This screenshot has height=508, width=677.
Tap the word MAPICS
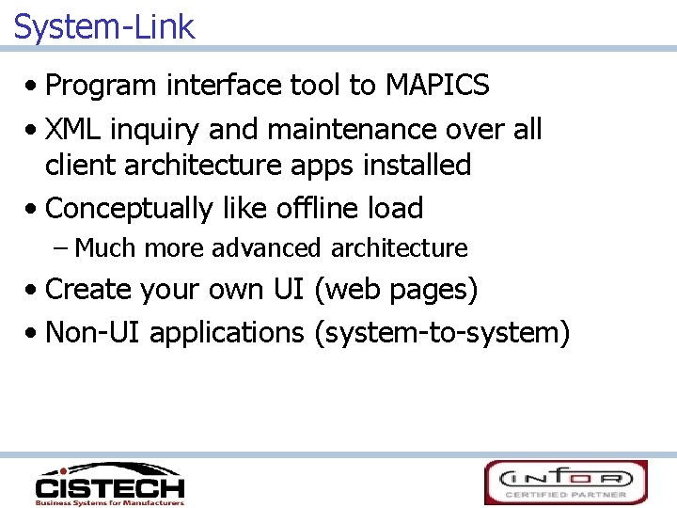[437, 86]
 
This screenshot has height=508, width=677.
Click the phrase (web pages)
[396, 290]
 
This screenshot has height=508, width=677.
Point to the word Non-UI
[93, 332]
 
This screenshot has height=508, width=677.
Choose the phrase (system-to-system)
[442, 332]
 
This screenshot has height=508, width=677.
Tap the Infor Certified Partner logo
[566, 482]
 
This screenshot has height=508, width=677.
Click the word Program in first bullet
[102, 86]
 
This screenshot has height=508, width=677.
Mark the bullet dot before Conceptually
[34, 209]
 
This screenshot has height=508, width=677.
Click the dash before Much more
[61, 248]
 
